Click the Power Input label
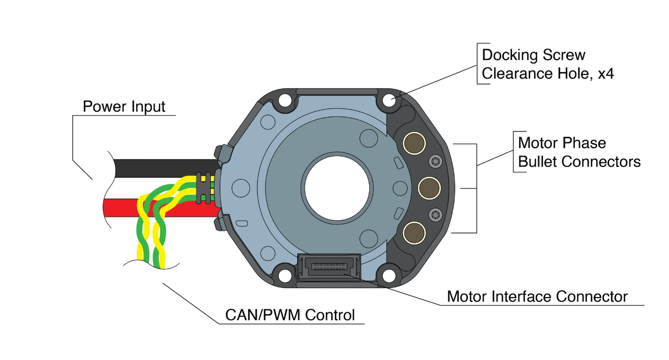[x=123, y=107]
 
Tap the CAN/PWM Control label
[x=290, y=315]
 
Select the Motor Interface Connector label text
[x=537, y=297]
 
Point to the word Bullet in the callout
[x=537, y=162]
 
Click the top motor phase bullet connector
[x=414, y=143]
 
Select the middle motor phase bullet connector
[x=429, y=188]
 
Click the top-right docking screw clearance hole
[x=389, y=101]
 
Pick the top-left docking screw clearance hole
[x=285, y=101]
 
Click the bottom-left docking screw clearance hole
[x=285, y=276]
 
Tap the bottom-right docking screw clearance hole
[x=389, y=276]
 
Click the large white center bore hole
[x=337, y=188]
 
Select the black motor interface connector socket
[x=329, y=268]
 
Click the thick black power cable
[x=166, y=168]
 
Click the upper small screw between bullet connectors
[x=435, y=161]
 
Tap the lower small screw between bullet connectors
[x=435, y=215]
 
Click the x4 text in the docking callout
[x=606, y=74]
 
